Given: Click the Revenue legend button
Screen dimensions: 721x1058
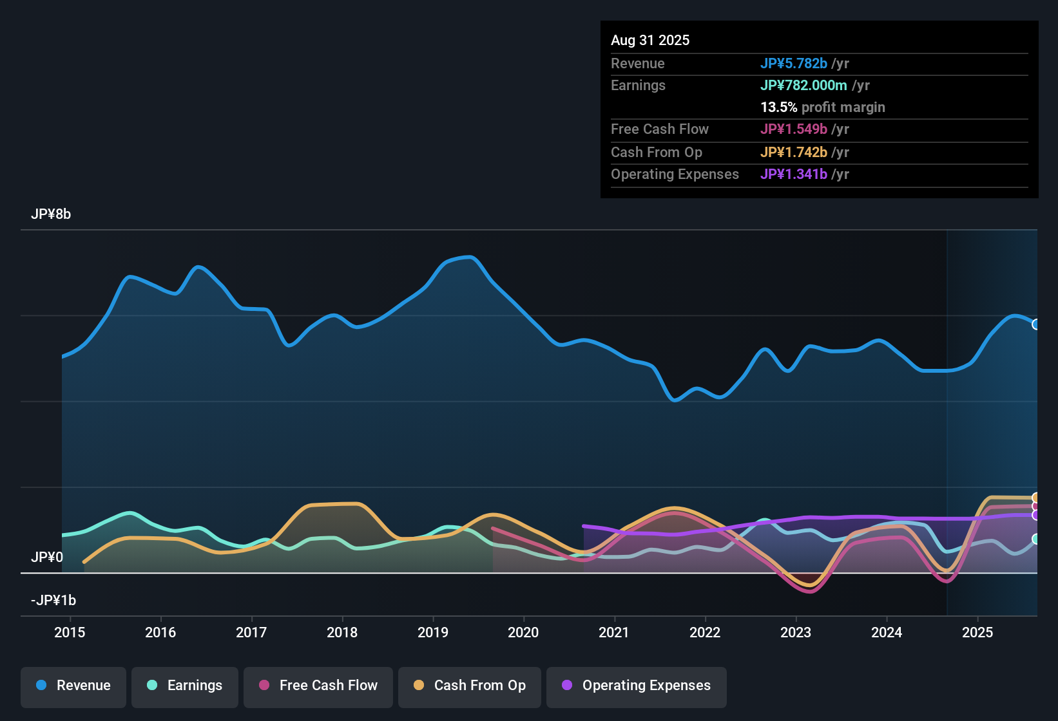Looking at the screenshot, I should pos(73,686).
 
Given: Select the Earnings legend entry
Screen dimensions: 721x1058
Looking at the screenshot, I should pos(185,686).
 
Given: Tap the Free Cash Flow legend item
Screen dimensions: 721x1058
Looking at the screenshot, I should pos(318,686).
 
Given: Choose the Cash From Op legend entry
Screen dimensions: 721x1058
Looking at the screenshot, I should pos(470,686).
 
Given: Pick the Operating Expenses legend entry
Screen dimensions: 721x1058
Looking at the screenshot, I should pos(637,686).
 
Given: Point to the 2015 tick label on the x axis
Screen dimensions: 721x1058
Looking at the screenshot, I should pos(70,632).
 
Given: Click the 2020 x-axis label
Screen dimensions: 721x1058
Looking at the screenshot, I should pos(523,632).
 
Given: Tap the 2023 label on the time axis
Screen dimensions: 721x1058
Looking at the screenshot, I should pos(796,632).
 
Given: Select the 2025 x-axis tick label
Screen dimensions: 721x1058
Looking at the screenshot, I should pos(977,632).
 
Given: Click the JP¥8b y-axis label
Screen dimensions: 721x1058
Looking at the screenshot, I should pos(51,214).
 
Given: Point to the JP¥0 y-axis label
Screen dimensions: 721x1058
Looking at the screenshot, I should pos(47,557).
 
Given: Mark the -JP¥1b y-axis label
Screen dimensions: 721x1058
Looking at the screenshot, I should pos(53,601).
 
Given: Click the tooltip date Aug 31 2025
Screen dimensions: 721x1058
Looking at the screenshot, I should pos(650,41).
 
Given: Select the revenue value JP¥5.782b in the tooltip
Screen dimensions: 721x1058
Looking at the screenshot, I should pos(793,64).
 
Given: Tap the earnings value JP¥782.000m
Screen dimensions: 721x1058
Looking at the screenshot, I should pos(803,86).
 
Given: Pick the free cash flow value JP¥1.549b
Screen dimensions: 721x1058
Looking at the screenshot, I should pos(793,129).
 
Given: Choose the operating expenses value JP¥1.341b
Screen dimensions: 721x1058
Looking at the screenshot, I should pos(793,174).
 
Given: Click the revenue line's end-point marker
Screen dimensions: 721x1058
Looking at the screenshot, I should pos(1036,324).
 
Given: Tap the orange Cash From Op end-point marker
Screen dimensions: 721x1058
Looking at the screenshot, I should pos(1036,498).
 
